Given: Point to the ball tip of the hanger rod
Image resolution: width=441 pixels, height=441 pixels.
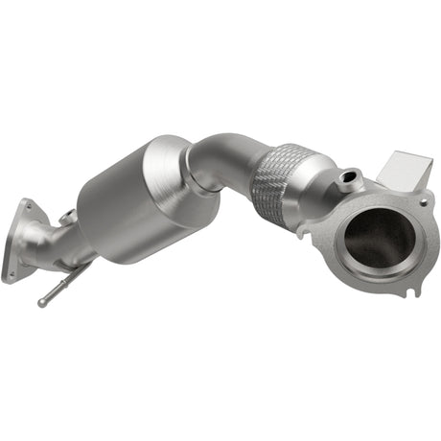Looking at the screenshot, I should tap(43, 303).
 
